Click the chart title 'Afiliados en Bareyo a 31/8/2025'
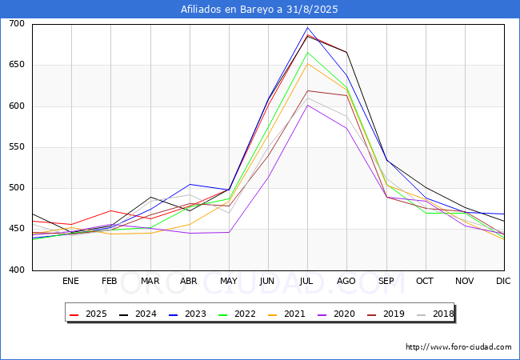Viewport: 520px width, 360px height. [x=260, y=10]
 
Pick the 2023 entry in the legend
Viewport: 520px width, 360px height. [x=187, y=314]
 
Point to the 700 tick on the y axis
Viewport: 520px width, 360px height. [x=17, y=24]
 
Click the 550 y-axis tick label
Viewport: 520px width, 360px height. [x=17, y=147]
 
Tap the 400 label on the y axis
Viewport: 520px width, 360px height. [x=17, y=270]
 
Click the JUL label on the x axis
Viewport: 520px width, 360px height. [x=306, y=281]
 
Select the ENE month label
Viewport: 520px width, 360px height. [x=70, y=281]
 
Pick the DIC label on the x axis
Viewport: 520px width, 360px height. [x=503, y=281]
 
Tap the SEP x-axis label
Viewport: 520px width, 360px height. [x=386, y=281]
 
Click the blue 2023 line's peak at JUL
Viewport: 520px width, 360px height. [x=307, y=28]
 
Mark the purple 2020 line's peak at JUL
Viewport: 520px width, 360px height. [x=307, y=105]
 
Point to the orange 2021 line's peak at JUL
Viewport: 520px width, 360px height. [x=307, y=63]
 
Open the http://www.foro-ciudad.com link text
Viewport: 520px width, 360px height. [x=458, y=347]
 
